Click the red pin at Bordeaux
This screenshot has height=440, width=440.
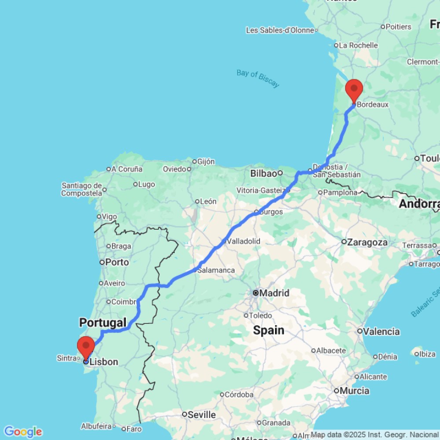pyautogui.click(x=354, y=89)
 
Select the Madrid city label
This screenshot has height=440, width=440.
pyautogui.click(x=274, y=293)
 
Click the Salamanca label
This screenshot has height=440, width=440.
pyautogui.click(x=216, y=270)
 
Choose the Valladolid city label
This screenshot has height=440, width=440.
pyautogui.click(x=243, y=241)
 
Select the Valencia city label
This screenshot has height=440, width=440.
pyautogui.click(x=381, y=331)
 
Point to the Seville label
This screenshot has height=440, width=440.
pyautogui.click(x=202, y=414)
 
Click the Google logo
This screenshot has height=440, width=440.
pyautogui.click(x=23, y=432)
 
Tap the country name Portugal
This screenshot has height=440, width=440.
pyautogui.click(x=103, y=323)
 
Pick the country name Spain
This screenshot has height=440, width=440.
pyautogui.click(x=268, y=330)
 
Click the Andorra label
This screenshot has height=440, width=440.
pyautogui.click(x=419, y=204)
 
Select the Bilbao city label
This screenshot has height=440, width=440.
pyautogui.click(x=264, y=173)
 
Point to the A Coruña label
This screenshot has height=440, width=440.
pyautogui.click(x=127, y=169)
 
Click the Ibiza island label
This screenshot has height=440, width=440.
pyautogui.click(x=428, y=354)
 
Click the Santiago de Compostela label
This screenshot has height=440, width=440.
pyautogui.click(x=82, y=190)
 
